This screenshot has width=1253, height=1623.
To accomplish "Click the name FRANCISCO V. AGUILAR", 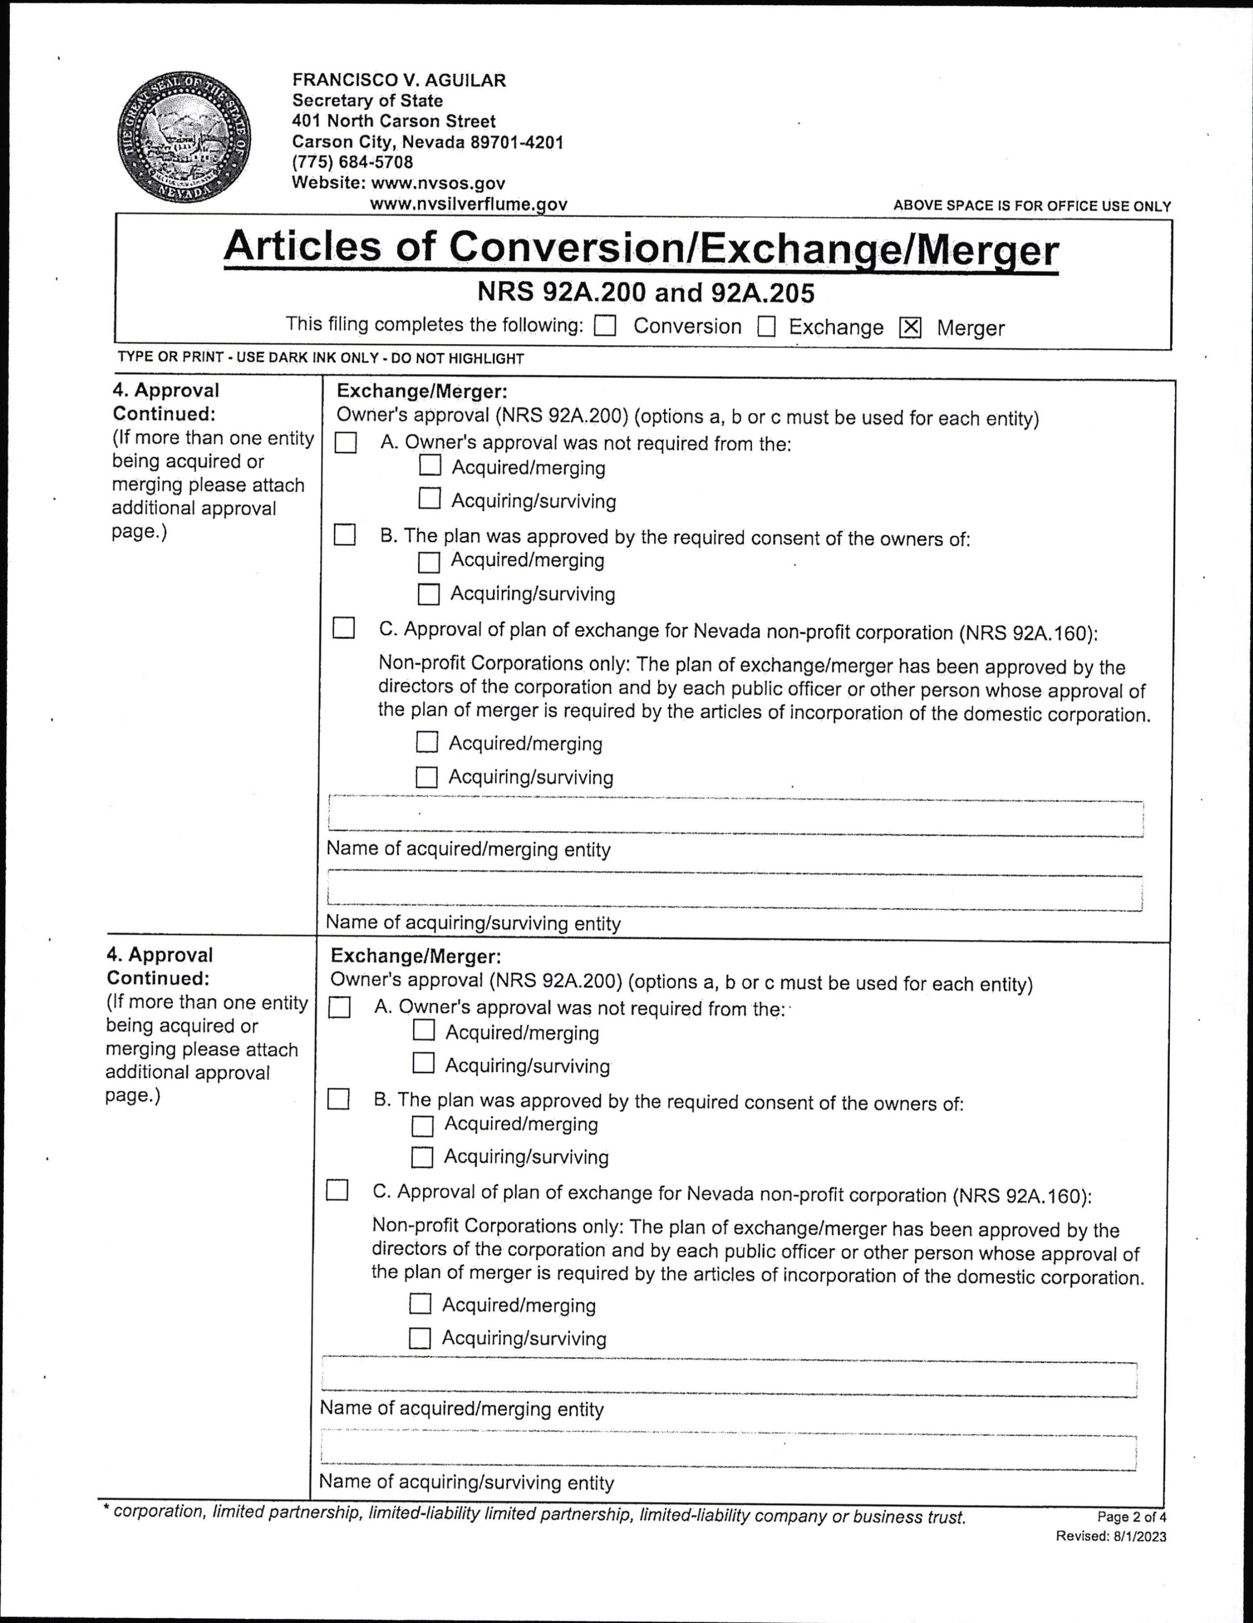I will click(x=398, y=80).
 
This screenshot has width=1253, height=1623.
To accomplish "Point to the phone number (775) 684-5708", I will click(x=352, y=162).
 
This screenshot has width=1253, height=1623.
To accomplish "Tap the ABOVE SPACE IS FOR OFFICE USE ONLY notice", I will click(x=1032, y=206).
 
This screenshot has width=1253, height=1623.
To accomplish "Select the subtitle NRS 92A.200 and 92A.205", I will click(x=645, y=293).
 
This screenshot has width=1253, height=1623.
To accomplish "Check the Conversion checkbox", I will click(x=605, y=326).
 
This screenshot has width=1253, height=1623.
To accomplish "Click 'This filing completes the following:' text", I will click(x=435, y=325).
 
